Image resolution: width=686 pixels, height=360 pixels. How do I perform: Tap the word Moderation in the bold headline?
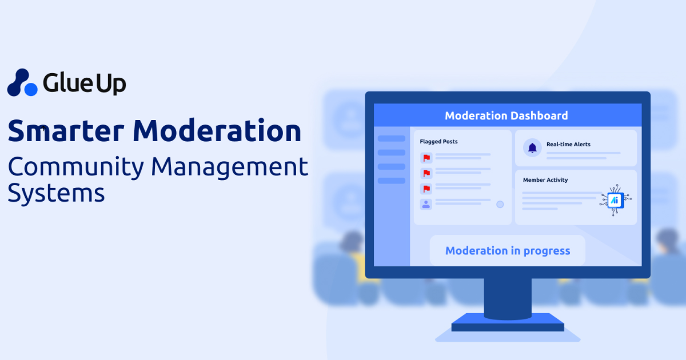(217, 131)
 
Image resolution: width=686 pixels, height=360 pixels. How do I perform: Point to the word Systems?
(56, 193)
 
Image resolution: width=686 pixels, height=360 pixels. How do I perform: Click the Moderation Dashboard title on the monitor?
(506, 115)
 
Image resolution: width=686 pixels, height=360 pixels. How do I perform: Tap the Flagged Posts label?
(438, 142)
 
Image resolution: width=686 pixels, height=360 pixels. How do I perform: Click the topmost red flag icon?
(426, 157)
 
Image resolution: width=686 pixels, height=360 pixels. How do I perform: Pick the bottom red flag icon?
(426, 188)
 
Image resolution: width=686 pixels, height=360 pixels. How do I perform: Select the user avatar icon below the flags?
(426, 203)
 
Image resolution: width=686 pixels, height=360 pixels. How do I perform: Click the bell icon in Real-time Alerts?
(532, 148)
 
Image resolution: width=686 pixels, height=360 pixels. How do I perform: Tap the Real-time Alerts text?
(568, 145)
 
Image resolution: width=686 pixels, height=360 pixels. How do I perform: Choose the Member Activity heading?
(545, 180)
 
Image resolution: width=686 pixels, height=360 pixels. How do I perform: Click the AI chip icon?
(615, 199)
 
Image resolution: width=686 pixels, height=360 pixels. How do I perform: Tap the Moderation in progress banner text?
(508, 251)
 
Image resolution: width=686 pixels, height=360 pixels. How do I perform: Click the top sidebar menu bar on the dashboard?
(392, 139)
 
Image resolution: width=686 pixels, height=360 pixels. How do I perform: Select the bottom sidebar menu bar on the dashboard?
(392, 181)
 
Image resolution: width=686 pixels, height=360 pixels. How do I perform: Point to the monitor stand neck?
(507, 297)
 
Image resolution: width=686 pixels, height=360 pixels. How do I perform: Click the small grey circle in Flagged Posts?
(500, 204)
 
